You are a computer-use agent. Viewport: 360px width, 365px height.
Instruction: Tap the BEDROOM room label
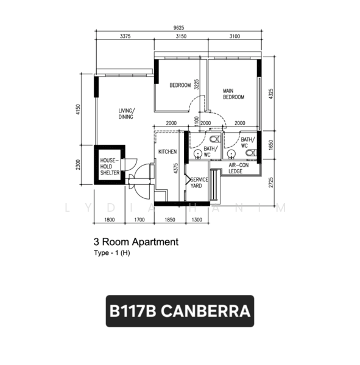point(180,85)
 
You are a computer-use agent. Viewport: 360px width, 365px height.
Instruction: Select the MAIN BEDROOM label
point(233,94)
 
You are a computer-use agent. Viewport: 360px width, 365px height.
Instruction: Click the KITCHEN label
point(168,151)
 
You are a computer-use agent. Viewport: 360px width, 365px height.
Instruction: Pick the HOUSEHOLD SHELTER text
point(110,167)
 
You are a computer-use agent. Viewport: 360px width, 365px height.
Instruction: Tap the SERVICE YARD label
point(199,182)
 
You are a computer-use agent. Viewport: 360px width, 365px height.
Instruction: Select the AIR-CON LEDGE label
point(240,169)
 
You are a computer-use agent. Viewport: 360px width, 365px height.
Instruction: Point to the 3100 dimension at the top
point(235,36)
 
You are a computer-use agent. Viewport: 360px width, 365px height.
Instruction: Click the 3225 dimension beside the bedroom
point(197,85)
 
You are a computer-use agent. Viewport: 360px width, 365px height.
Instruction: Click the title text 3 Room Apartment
point(136,242)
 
